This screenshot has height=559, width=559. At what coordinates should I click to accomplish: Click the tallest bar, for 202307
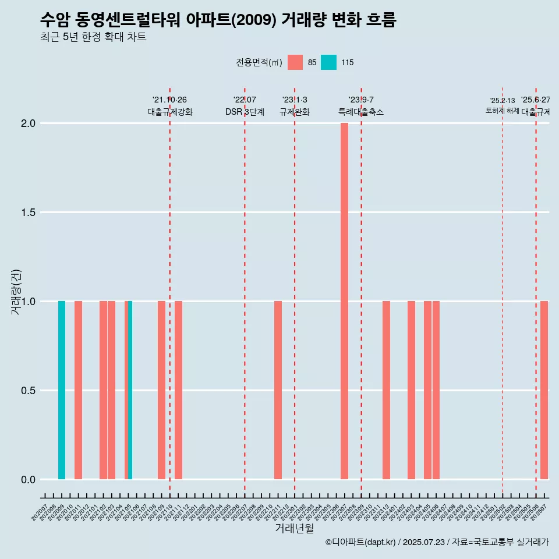point(344,301)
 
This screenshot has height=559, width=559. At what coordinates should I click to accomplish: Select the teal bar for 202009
point(62,390)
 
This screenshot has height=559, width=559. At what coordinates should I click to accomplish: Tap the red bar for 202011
point(78,390)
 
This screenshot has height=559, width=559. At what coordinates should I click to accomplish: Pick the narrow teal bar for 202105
point(130,390)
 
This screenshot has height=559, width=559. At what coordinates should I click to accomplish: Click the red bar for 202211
point(278,390)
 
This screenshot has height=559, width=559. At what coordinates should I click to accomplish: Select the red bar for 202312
point(386,390)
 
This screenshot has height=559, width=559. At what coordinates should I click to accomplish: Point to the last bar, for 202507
point(544,390)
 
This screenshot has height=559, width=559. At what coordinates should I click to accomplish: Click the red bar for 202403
point(411,390)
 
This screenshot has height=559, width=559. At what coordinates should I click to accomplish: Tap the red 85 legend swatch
point(295,62)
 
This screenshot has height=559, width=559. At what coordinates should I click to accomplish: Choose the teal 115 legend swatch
point(328,62)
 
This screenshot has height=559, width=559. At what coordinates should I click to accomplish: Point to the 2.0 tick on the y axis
point(29,123)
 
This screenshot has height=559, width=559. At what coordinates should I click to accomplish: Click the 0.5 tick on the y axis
point(29,391)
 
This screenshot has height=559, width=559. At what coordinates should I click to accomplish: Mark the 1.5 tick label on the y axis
point(29,213)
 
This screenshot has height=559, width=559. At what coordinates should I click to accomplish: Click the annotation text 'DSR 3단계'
point(245,112)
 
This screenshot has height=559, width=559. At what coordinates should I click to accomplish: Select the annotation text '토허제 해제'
point(502,111)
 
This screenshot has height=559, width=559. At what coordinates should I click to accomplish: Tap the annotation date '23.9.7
point(361,100)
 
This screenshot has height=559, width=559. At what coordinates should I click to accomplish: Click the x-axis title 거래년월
point(294,529)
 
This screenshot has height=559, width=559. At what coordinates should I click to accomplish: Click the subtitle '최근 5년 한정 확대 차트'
point(93,37)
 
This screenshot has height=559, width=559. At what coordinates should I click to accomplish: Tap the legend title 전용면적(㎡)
point(259,62)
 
